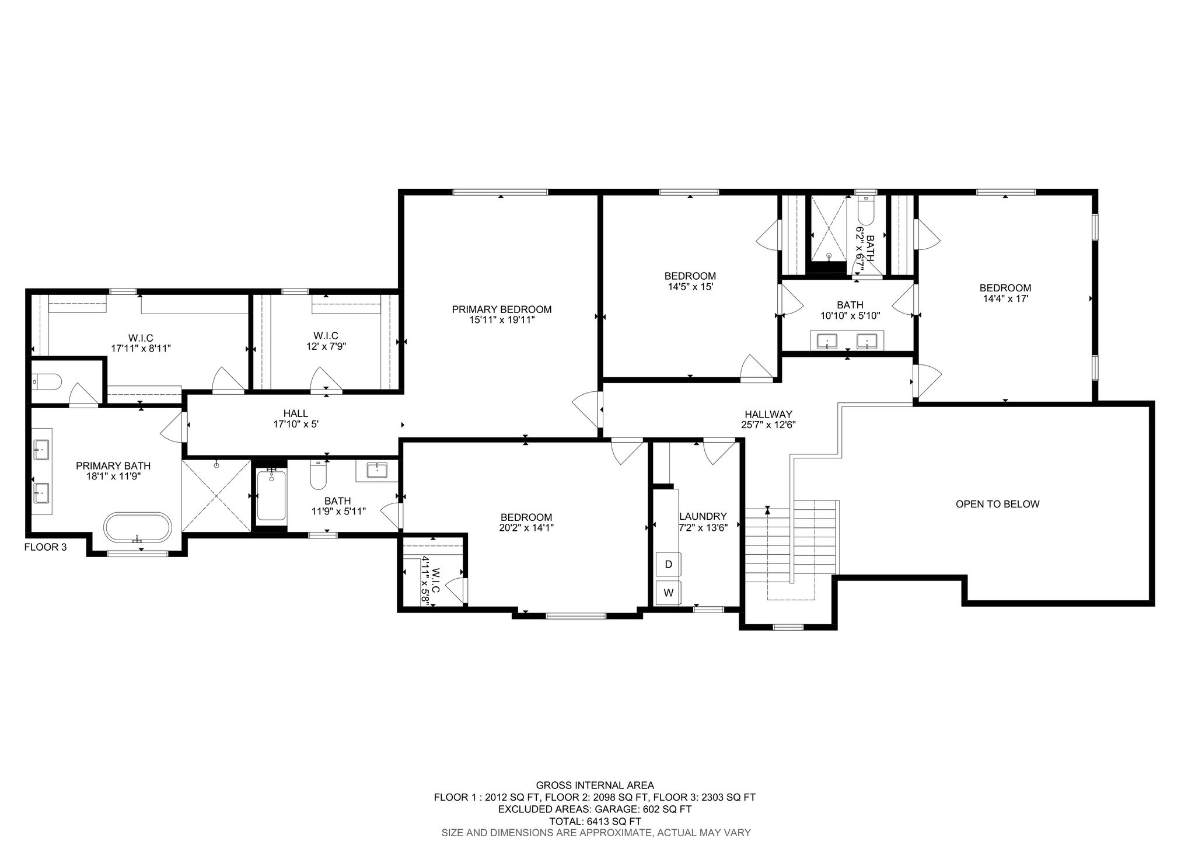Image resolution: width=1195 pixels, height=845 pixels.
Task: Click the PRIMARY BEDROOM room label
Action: click(502, 310)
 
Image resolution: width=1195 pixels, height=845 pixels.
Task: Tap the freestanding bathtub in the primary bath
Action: click(138, 528)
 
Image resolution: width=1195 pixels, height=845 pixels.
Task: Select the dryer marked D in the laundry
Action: click(669, 564)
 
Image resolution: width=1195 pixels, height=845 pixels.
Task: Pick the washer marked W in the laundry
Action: click(669, 593)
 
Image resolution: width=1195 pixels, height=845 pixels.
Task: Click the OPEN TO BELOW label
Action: click(997, 504)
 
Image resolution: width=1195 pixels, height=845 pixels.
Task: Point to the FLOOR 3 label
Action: click(46, 547)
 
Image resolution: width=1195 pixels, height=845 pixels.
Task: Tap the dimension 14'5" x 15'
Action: click(690, 287)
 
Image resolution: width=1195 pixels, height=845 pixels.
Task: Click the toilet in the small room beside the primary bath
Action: click(46, 382)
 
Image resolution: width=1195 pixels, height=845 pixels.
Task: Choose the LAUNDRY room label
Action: click(703, 516)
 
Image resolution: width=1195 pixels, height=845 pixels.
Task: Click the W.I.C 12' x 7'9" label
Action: click(326, 341)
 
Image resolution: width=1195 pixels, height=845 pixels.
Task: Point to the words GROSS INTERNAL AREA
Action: click(595, 785)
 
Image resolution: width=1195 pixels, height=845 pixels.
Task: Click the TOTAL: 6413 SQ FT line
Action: click(595, 821)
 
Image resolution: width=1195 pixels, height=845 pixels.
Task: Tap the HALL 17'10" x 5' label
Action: click(296, 419)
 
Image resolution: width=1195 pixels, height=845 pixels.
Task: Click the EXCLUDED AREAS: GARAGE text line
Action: click(595, 809)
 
